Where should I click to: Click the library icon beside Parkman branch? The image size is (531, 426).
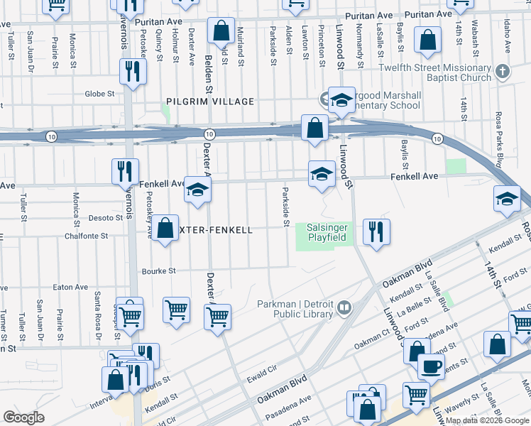(344, 307)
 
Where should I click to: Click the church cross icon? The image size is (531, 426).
(503, 72)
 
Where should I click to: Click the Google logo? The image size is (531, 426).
(23, 417)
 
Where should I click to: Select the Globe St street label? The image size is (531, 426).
(99, 94)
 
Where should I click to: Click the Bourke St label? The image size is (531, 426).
(158, 271)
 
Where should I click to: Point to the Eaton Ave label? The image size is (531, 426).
(71, 288)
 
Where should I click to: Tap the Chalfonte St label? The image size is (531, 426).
(86, 236)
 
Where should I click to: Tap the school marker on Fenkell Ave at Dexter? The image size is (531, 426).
(197, 189)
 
